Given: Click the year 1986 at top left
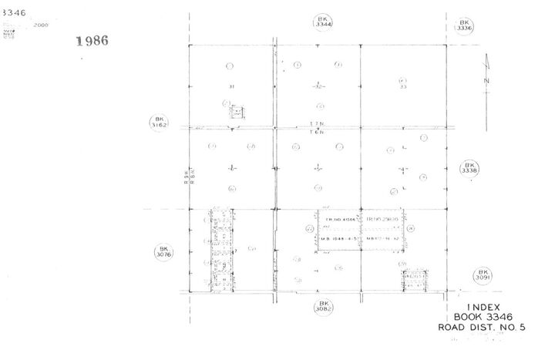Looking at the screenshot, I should coord(92,41).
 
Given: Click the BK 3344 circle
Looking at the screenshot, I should coord(323,22).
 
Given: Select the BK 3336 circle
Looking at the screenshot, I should coord(464,26).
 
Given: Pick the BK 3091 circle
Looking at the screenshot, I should coord(483,275).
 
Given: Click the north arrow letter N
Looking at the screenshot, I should coord(486,80).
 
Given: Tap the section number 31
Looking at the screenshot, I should coord(230,86).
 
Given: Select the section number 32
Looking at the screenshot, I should coord(317,86).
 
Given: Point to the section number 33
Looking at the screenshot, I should coord(402,86).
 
